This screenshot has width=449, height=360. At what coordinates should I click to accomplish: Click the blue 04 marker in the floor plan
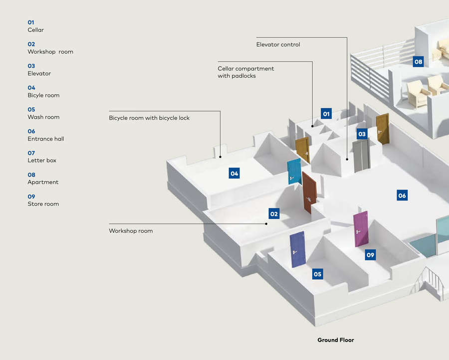pyautogui.click(x=234, y=174)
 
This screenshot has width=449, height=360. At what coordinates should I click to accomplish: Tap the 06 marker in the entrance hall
pyautogui.click(x=402, y=195)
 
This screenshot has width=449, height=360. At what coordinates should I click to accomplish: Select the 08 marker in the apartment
pyautogui.click(x=418, y=62)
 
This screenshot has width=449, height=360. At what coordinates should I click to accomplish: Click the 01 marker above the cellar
pyautogui.click(x=326, y=114)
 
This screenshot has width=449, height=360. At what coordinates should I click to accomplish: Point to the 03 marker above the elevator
pyautogui.click(x=362, y=134)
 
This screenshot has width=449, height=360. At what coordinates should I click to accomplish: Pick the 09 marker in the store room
pyautogui.click(x=370, y=255)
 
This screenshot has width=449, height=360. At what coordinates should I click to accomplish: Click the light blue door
pyautogui.click(x=294, y=172)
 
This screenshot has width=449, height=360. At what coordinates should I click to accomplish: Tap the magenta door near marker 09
pyautogui.click(x=361, y=229)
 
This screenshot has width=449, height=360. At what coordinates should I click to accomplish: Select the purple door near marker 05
pyautogui.click(x=297, y=249)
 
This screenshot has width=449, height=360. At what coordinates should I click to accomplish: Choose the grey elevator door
pyautogui.click(x=361, y=156)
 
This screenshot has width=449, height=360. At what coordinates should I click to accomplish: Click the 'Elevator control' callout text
pyautogui.click(x=278, y=44)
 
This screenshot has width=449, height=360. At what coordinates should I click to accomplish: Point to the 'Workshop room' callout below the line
pyautogui.click(x=131, y=231)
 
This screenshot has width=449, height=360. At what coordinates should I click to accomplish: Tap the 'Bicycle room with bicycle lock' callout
pyautogui.click(x=149, y=118)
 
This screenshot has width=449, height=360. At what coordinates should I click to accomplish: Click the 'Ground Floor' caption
pyautogui.click(x=336, y=340)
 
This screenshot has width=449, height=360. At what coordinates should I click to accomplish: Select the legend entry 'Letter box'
pyautogui.click(x=42, y=161)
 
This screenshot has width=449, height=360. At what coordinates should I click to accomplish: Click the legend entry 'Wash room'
pyautogui.click(x=43, y=117)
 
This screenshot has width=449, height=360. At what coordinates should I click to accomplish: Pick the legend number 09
pyautogui.click(x=31, y=196)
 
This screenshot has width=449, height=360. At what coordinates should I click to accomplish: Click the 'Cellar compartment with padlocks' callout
pyautogui.click(x=246, y=72)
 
